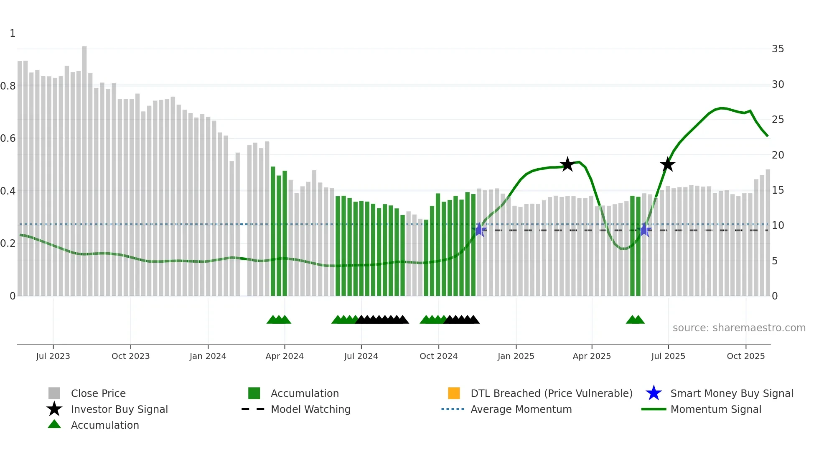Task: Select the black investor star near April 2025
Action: click(567, 164)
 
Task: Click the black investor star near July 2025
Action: click(667, 164)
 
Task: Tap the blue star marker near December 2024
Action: click(479, 230)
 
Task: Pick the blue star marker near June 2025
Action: click(644, 230)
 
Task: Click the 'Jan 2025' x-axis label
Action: click(516, 356)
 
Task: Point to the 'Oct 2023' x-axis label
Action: click(130, 356)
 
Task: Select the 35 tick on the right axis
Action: click(778, 49)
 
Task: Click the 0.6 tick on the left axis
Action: click(8, 138)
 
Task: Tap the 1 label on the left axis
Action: click(13, 33)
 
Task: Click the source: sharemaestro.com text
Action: click(739, 328)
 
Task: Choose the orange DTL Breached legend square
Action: click(454, 393)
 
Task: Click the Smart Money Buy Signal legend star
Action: click(654, 393)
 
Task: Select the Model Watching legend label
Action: click(310, 409)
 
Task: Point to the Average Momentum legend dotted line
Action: click(453, 409)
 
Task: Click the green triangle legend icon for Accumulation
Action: click(54, 425)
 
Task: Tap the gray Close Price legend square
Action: click(54, 393)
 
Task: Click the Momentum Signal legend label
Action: click(715, 409)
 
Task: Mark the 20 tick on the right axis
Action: click(778, 155)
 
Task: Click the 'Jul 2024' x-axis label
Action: click(361, 356)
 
